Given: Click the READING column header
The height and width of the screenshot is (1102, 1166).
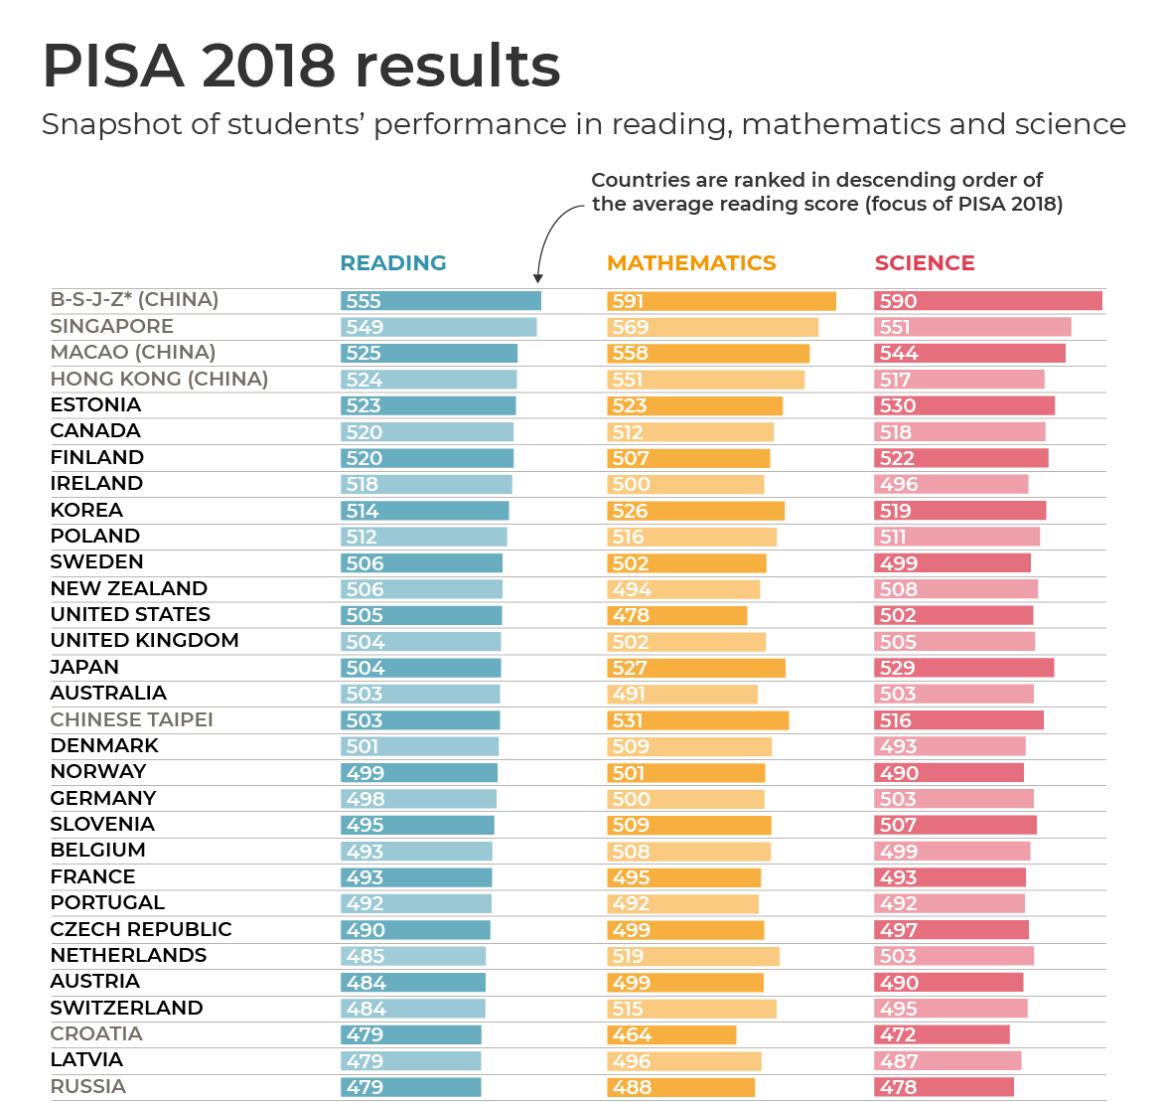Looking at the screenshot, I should pos(393,263).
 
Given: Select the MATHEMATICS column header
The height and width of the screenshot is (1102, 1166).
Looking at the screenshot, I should pos(691,263).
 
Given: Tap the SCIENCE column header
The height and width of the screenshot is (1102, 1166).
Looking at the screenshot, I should pos(925,263).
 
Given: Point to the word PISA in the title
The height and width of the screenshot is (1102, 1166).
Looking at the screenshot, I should pos(113,67).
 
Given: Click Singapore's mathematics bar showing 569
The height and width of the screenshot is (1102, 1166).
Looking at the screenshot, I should pos(712,327).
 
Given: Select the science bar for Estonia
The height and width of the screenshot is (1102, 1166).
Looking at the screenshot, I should pos(963,405).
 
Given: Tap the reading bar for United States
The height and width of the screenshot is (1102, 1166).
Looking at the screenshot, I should pos(421,615).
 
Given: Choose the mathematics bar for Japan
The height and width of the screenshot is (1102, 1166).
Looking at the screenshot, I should pos(695,668).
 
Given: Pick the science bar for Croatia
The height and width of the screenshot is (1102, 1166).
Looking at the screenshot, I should pos(942,1034).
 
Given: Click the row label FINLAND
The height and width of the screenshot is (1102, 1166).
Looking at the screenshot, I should pos(97,457).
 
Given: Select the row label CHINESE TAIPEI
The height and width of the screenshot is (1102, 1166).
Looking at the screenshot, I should pos(132,719).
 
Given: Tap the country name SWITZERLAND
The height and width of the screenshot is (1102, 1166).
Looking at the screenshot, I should pos(127,1008).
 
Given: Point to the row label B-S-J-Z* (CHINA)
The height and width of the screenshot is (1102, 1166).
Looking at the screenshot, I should pos(135,300).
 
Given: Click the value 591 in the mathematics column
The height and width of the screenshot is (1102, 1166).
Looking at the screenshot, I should pos(629,301).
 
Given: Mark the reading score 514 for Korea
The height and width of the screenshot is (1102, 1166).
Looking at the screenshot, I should pos(363,511).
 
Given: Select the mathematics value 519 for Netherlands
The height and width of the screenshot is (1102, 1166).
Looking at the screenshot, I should pos(629,956).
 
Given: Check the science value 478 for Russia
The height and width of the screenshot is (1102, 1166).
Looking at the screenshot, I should pos(898,1087).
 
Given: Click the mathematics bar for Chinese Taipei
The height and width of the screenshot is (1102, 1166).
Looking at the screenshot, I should pos(697,720).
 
